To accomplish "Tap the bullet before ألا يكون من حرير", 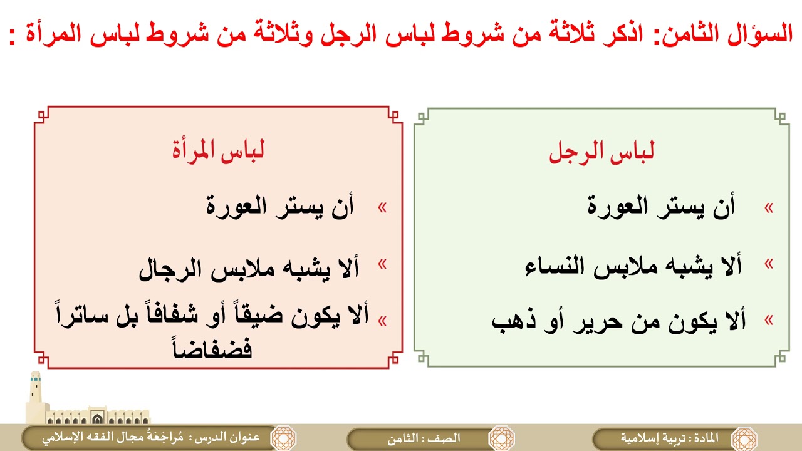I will pos(769,321).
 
